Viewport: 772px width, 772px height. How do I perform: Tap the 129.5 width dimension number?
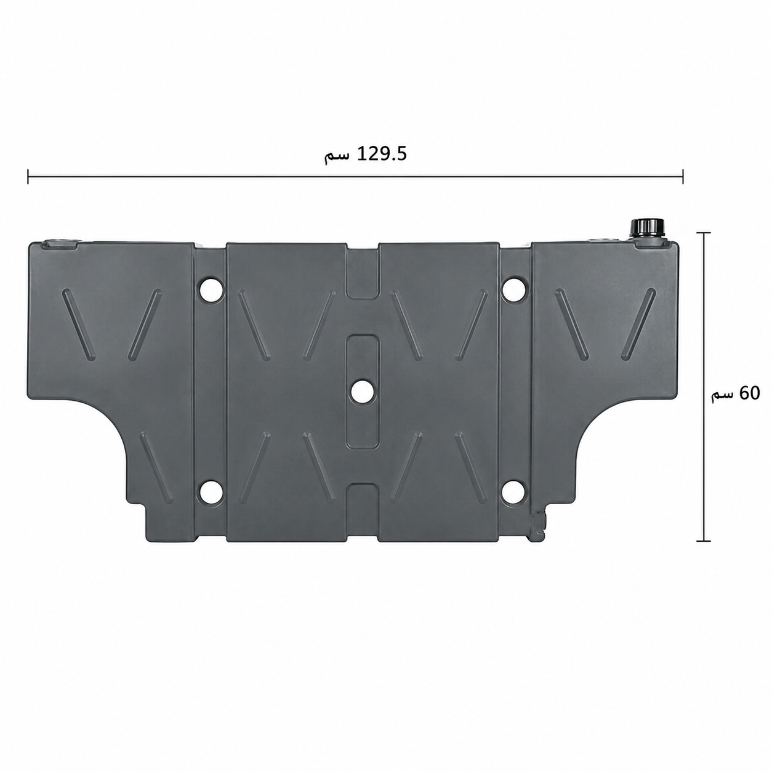(381, 155)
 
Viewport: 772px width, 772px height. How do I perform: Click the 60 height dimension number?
(749, 393)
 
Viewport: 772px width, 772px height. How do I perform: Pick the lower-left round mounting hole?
(211, 493)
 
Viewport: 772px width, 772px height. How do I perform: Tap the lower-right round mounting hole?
(513, 493)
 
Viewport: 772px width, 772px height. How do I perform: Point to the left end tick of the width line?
(28, 176)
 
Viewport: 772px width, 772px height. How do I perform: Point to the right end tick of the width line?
(683, 176)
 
